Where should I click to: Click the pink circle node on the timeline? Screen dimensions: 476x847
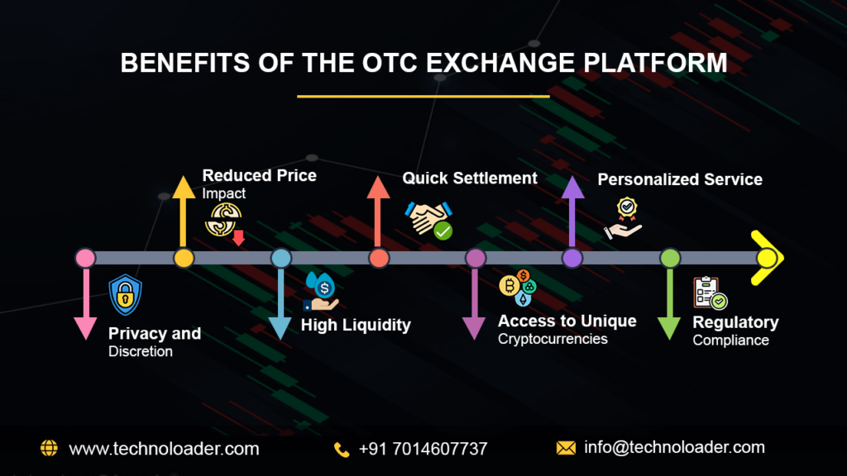click(85, 259)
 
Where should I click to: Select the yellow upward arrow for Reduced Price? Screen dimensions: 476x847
click(184, 211)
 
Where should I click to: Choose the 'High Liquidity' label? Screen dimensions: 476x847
click(356, 325)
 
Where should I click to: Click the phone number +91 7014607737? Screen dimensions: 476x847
click(423, 449)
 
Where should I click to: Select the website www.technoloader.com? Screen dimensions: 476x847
click(164, 449)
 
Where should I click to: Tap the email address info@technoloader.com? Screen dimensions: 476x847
click(674, 448)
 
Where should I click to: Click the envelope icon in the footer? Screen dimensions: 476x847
click(566, 449)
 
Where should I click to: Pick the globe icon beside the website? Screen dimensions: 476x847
click(50, 449)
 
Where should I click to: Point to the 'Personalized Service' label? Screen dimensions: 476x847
click(680, 179)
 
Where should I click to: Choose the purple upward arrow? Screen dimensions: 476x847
click(572, 211)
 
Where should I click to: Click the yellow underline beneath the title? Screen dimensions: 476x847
click(423, 96)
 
